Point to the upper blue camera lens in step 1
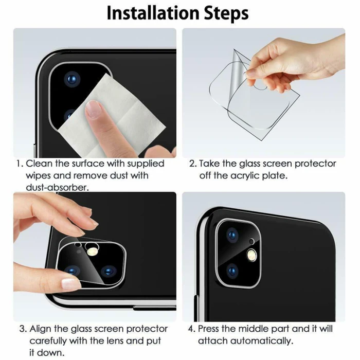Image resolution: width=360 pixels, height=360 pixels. [73, 79]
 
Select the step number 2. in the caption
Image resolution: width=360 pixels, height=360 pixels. [193, 164]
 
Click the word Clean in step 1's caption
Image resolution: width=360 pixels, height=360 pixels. [39, 164]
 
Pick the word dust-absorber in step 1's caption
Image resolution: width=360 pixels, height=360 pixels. [57, 188]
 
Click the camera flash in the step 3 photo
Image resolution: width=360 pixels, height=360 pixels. [92, 251]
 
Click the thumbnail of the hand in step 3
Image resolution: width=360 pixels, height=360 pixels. [71, 283]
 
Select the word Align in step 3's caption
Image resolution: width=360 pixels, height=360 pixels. [41, 329]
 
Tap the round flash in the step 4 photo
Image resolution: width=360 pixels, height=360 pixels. [252, 255]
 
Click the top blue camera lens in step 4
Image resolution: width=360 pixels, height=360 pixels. [232, 236]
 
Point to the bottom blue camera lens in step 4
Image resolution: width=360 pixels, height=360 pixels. [232, 271]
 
